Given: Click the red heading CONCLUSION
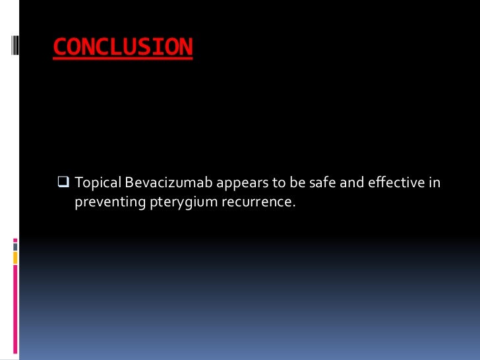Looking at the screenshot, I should (123, 47).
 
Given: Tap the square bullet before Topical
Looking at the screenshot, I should (64, 181).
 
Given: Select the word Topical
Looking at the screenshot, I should (97, 182).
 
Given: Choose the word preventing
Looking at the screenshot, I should (106, 200).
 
